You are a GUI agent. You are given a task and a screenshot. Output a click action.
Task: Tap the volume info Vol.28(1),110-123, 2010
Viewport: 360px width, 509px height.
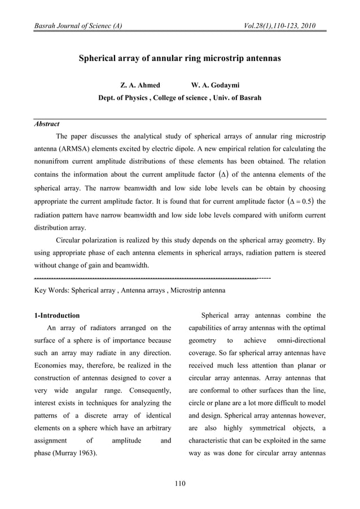click(279, 26)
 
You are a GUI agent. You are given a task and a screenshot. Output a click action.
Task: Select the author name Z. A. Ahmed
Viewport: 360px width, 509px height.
click(141, 85)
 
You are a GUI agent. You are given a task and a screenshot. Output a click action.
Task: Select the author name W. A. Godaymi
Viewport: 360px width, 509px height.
click(216, 85)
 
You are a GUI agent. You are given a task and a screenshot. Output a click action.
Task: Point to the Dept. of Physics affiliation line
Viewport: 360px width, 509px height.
click(180, 98)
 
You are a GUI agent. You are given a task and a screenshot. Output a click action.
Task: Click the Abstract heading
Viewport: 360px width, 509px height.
click(47, 124)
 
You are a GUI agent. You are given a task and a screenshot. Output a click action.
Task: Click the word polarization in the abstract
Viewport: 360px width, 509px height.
click(104, 240)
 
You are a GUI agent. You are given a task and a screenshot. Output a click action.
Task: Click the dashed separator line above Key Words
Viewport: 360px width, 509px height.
click(152, 279)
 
